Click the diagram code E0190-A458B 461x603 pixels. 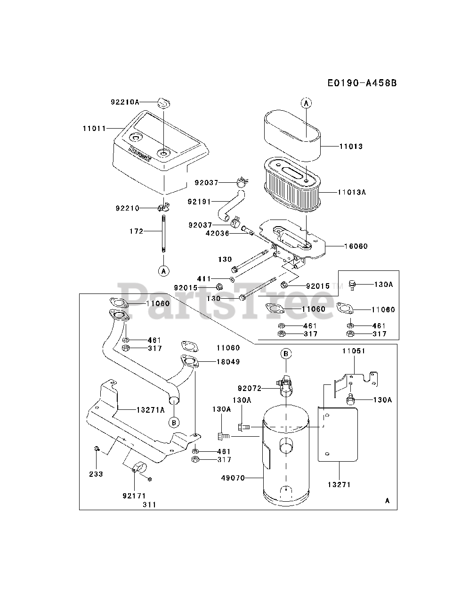click(362, 83)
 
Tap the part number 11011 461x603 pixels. click(95, 128)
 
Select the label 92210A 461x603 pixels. click(125, 102)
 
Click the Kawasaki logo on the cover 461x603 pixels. click(140, 153)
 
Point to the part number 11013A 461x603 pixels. click(352, 192)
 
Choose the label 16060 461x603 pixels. click(356, 246)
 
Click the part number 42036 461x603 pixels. click(218, 233)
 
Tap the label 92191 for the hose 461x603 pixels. click(199, 202)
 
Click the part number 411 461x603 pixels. click(204, 279)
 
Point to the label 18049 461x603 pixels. click(228, 362)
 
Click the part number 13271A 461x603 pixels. click(151, 410)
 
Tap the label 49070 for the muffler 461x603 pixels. click(233, 478)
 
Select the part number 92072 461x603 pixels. click(250, 389)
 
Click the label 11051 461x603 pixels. click(354, 351)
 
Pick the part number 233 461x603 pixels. click(96, 474)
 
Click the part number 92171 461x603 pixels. click(134, 496)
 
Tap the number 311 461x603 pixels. click(149, 505)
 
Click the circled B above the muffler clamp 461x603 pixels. click(286, 354)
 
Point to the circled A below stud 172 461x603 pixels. click(164, 271)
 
